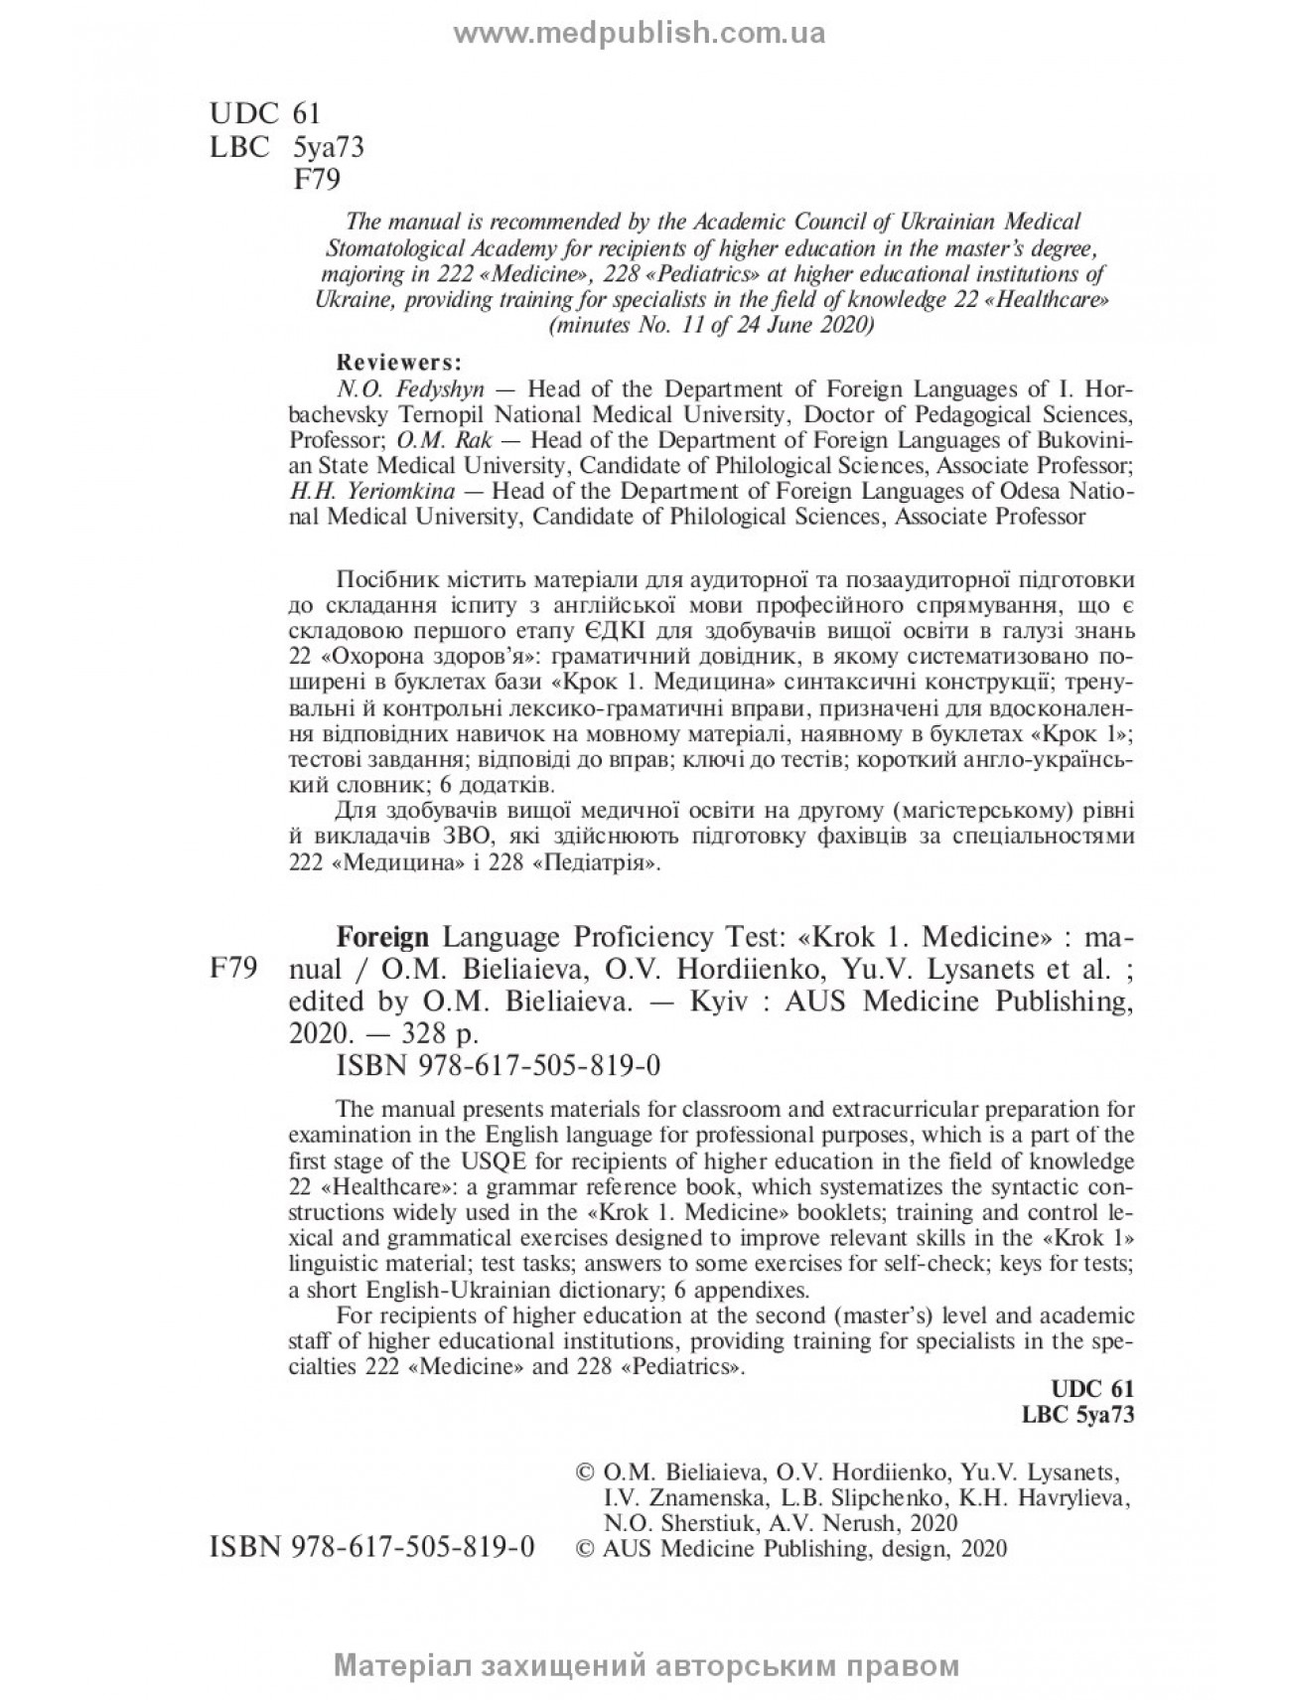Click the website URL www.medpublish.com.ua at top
pyautogui.click(x=640, y=34)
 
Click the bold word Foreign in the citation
pyautogui.click(x=383, y=937)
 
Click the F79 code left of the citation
pyautogui.click(x=234, y=968)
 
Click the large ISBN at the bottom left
pyautogui.click(x=372, y=1547)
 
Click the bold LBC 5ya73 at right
pyautogui.click(x=1077, y=1416)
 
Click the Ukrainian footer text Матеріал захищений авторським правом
pyautogui.click(x=647, y=1666)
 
